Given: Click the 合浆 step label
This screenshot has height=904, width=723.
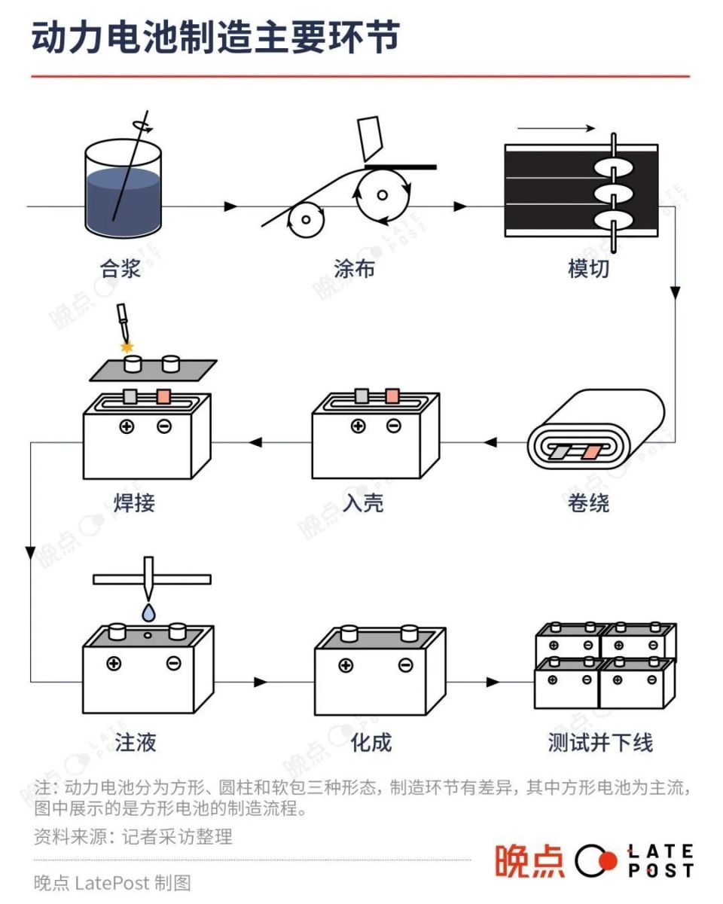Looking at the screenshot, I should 120,268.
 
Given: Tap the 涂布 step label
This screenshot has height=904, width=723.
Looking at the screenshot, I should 354,268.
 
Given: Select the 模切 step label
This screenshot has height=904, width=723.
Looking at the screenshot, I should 589,268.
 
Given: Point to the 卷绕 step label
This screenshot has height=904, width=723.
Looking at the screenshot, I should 589,502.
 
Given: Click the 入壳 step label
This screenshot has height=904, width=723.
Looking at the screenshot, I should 364,502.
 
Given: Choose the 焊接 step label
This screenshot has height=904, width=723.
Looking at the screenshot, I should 135,502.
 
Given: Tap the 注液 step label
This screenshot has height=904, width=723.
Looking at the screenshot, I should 136,743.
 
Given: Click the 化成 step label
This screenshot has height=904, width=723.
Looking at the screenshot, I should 371,743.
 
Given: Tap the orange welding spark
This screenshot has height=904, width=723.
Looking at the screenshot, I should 127,347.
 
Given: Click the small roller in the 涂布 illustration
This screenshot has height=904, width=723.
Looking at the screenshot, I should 304,220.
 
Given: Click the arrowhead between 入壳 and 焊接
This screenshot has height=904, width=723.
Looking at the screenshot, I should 256,442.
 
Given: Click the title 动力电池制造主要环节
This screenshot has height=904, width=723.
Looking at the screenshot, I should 215,38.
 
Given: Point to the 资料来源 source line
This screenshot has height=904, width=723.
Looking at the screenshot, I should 133,836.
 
